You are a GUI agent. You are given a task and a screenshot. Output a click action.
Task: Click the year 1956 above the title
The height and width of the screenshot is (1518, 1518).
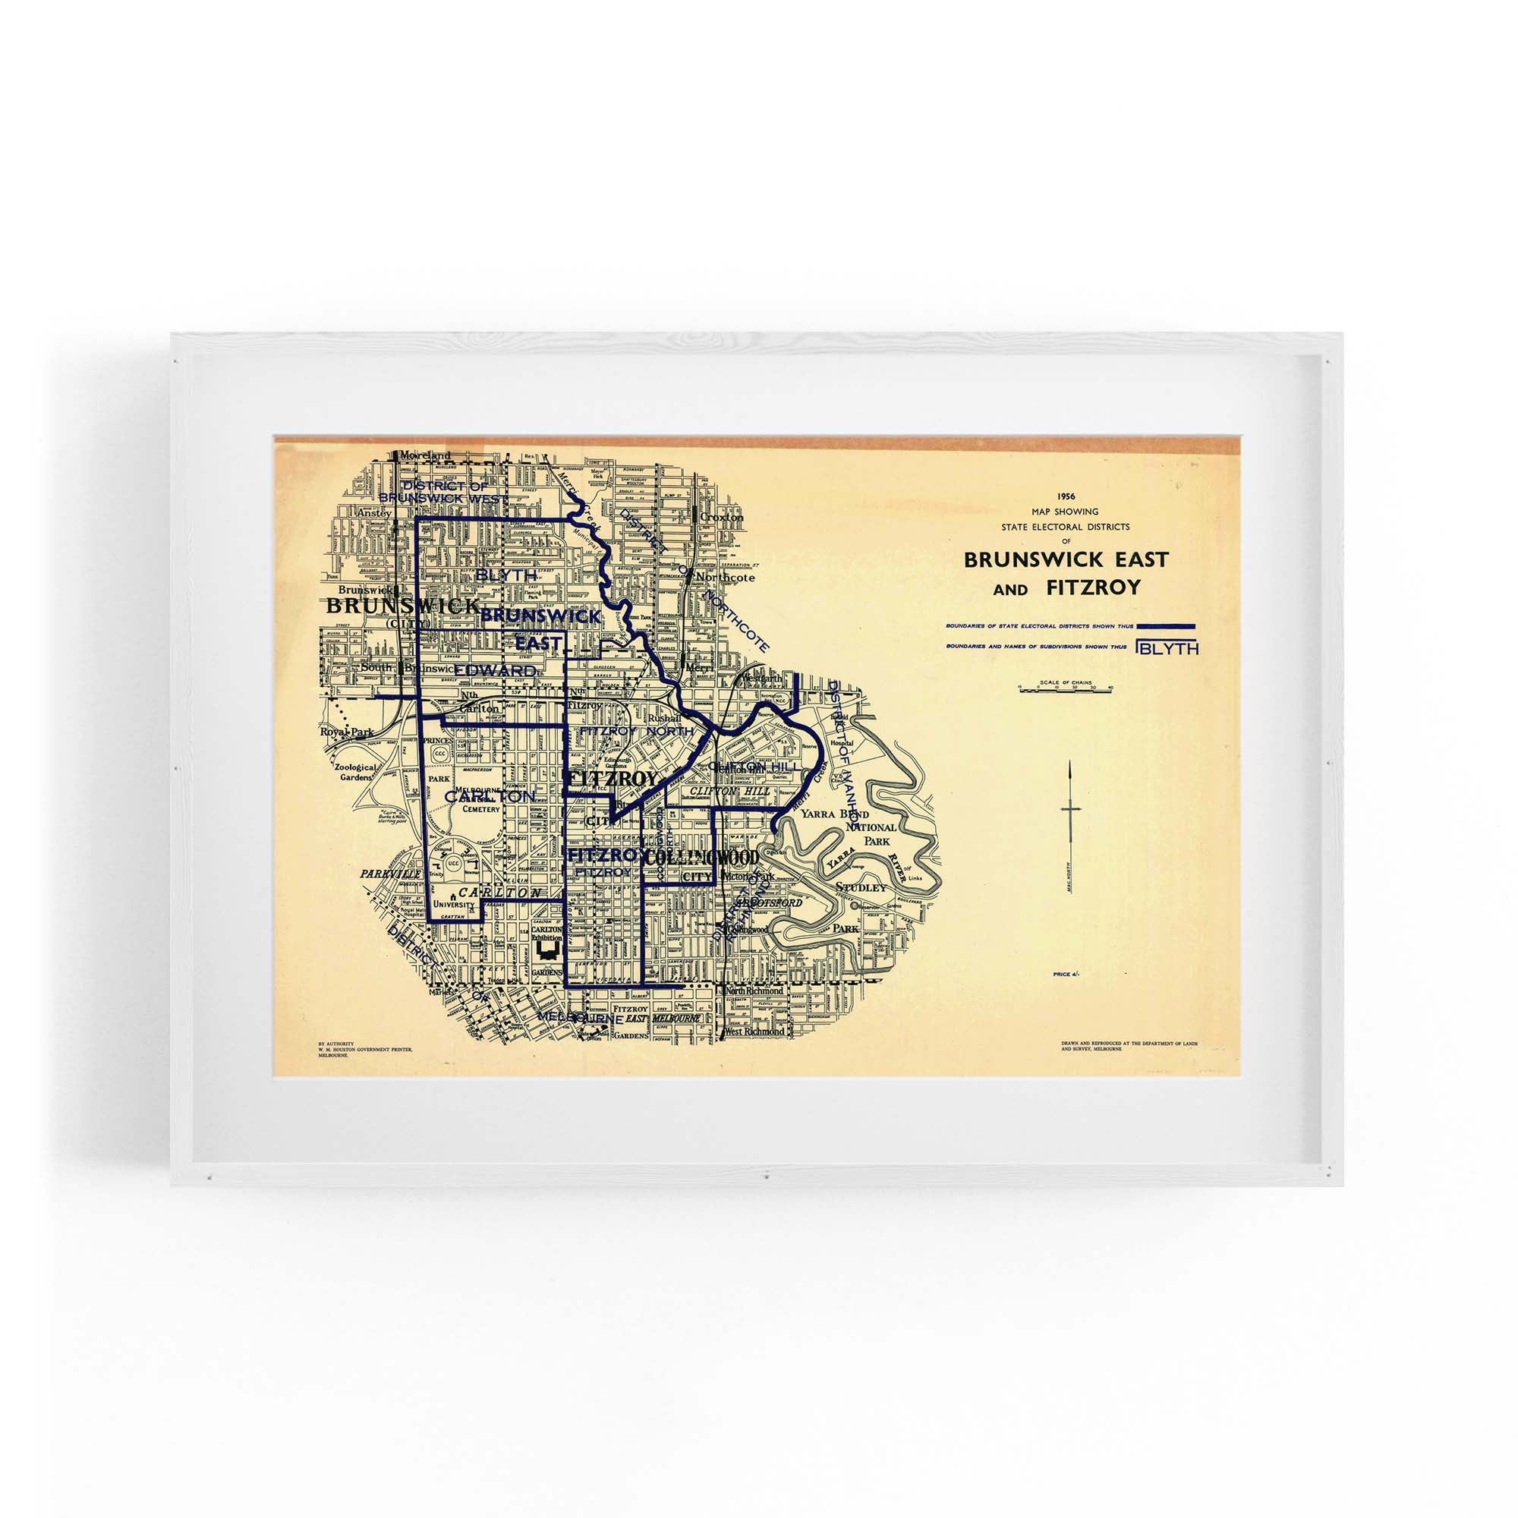point(1066,496)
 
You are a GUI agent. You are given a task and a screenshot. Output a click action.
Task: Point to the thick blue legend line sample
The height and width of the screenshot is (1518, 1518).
point(1165,625)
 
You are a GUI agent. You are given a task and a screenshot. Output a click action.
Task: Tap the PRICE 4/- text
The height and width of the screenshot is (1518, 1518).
point(1066,975)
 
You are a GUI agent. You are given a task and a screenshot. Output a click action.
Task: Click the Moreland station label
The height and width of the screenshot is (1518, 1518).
point(425,455)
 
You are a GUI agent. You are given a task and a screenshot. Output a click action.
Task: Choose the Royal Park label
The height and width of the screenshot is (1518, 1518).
point(339,732)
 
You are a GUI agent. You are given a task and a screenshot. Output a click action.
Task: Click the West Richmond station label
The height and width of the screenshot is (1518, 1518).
point(755,1031)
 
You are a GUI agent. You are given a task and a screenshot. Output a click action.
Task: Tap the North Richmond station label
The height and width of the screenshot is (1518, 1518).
point(755,990)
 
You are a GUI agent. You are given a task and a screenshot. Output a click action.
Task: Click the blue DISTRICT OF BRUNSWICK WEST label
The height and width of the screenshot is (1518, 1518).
point(444,492)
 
